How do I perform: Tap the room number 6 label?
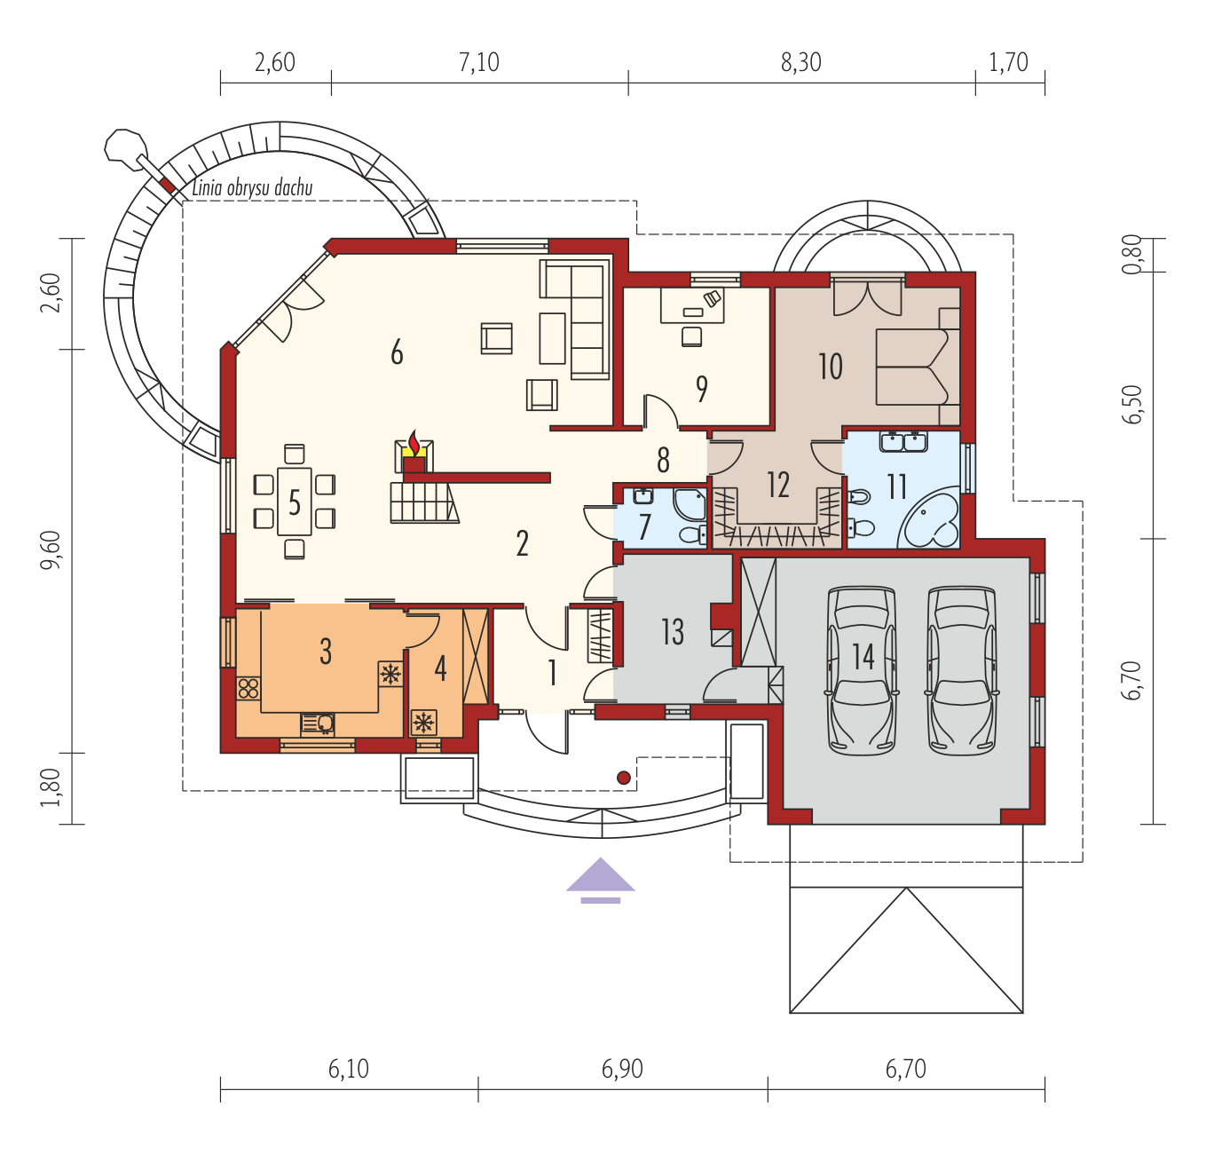click(x=398, y=352)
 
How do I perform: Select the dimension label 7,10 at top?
click(x=478, y=63)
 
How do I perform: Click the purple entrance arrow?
click(x=600, y=880)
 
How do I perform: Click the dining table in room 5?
click(x=295, y=502)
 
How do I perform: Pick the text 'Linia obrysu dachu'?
click(x=252, y=188)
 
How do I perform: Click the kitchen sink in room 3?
click(x=318, y=723)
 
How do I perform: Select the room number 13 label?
click(x=673, y=631)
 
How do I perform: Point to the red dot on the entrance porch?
click(x=624, y=778)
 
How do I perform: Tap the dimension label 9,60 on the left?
click(x=51, y=549)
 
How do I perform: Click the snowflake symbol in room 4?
click(x=424, y=723)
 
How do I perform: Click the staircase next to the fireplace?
click(x=424, y=503)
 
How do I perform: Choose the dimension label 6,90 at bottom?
click(x=622, y=1069)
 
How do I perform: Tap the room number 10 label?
click(x=831, y=367)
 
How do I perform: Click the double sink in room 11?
click(x=903, y=442)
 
